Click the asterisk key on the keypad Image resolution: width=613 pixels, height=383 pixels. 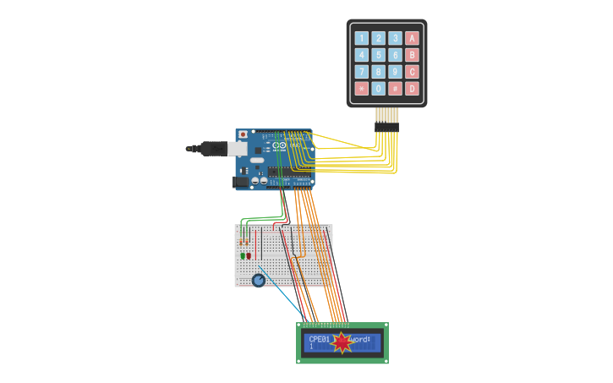click(x=362, y=89)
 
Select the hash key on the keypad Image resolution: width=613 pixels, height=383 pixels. click(x=395, y=89)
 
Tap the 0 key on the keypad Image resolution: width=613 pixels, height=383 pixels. click(x=378, y=89)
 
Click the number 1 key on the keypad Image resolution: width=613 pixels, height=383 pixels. click(x=362, y=38)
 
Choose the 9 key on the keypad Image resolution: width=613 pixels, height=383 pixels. click(x=395, y=72)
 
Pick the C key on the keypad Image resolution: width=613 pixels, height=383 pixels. click(x=412, y=72)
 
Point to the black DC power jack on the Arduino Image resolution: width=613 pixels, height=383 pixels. click(x=241, y=180)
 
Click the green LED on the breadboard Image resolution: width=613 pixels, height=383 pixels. click(x=242, y=255)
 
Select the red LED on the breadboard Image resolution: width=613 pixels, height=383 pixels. click(x=249, y=255)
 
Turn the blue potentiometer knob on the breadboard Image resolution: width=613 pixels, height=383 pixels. click(x=258, y=280)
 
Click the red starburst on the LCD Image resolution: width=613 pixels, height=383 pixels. click(x=342, y=342)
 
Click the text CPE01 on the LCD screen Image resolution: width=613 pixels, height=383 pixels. click(x=318, y=339)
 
